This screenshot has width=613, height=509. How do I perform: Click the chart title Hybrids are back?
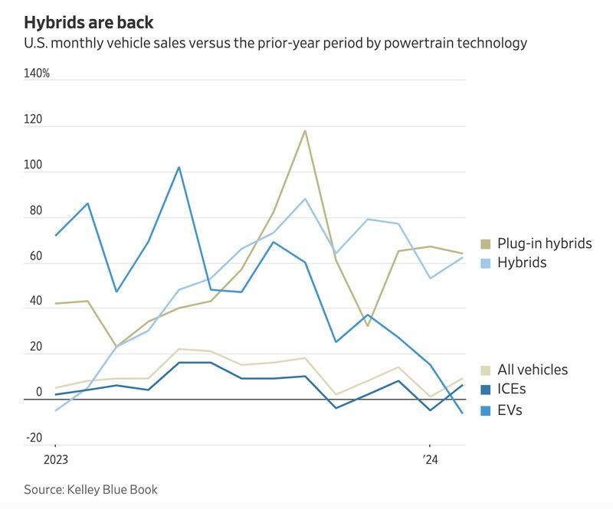(89, 21)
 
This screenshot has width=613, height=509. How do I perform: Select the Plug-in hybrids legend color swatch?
(486, 243)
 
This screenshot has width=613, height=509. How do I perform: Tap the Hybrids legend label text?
(522, 263)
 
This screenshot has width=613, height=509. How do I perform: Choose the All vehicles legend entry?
(533, 370)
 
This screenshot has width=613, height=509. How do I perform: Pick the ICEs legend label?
(512, 390)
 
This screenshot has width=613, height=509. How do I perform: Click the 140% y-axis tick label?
(37, 73)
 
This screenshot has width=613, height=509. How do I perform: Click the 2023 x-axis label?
(56, 461)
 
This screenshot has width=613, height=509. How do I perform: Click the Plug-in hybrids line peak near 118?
(305, 130)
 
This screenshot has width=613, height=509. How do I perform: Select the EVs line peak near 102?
(179, 167)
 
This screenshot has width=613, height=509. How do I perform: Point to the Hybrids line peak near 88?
(305, 199)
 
